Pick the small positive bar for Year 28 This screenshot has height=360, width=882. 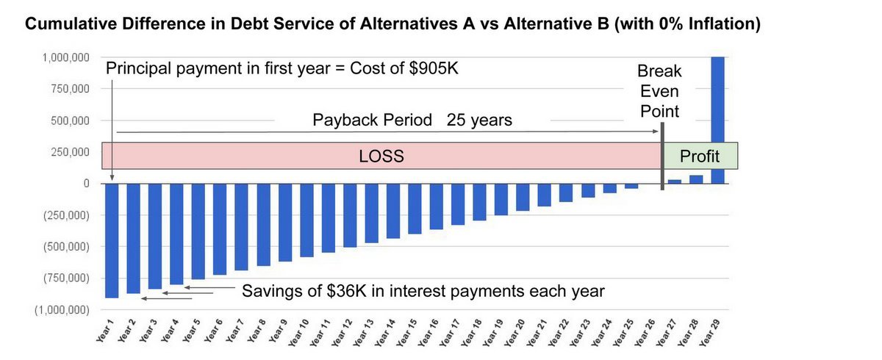tap(696, 179)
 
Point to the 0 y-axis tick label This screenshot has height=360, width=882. tap(85, 183)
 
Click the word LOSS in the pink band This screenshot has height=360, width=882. tap(382, 156)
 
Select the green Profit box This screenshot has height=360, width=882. tap(700, 156)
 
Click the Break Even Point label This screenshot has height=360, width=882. tap(659, 92)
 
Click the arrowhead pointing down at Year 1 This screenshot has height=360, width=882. tap(112, 177)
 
